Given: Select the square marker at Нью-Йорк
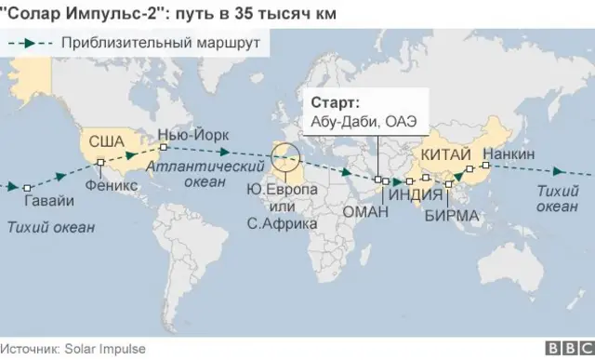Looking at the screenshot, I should coord(163,147).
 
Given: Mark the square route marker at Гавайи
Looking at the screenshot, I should coord(28,185).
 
